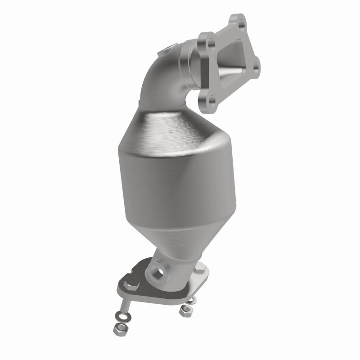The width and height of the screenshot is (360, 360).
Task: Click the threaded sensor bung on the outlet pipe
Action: pyautogui.click(x=158, y=272)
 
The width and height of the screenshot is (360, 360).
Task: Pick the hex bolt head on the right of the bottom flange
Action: pyautogui.click(x=200, y=269)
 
